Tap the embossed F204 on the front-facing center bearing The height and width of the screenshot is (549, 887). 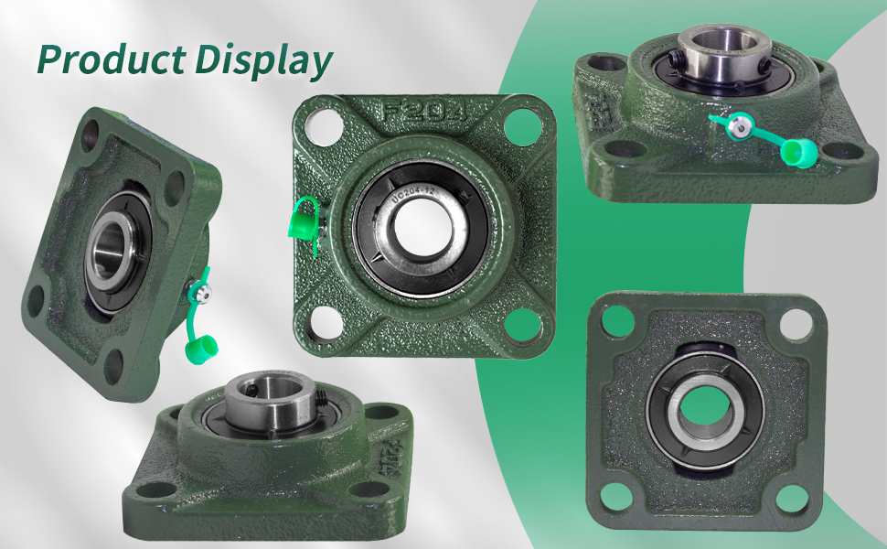423,113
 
